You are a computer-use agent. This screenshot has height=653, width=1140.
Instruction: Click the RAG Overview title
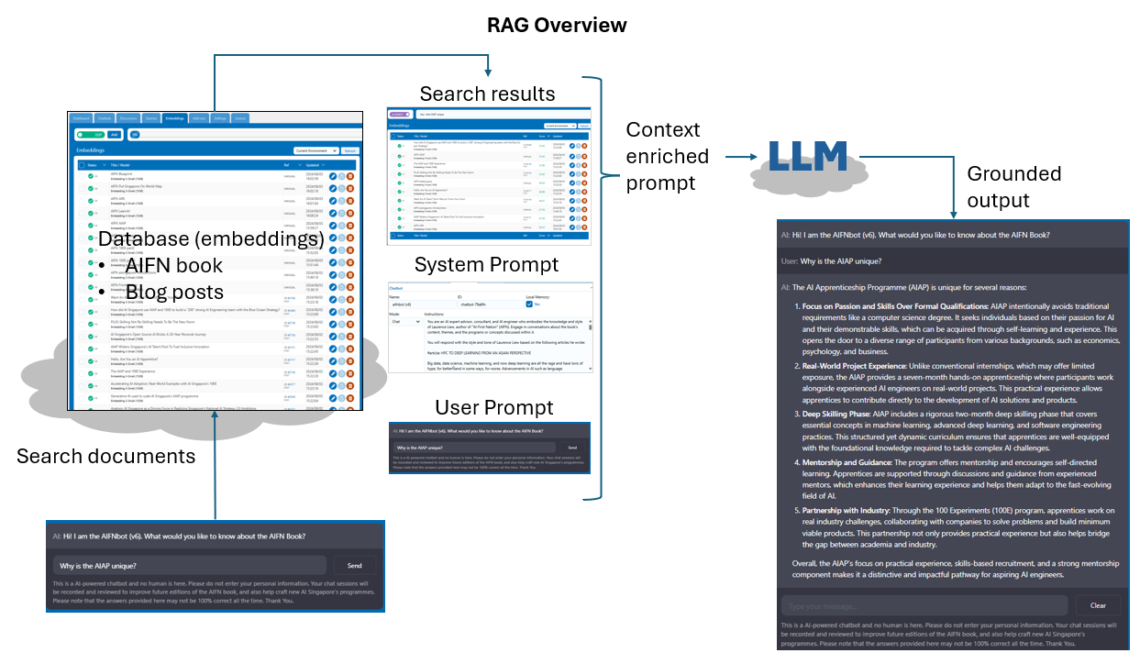point(557,25)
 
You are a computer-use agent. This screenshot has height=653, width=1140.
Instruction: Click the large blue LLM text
point(807,157)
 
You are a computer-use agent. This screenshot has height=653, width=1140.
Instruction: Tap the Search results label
point(487,94)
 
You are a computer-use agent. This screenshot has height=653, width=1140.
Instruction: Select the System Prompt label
point(486,265)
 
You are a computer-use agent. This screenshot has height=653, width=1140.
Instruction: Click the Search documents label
point(105,456)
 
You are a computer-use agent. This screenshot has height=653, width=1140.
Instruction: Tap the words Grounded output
point(1013,186)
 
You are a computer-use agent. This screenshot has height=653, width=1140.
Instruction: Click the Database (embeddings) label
point(211,240)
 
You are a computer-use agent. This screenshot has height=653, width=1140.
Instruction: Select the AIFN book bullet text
point(173,266)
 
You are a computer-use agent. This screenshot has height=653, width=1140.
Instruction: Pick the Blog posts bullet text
point(174,292)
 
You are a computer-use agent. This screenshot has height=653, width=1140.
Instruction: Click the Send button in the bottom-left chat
point(355,566)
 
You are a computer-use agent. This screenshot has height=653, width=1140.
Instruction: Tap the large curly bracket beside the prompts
point(601,289)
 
